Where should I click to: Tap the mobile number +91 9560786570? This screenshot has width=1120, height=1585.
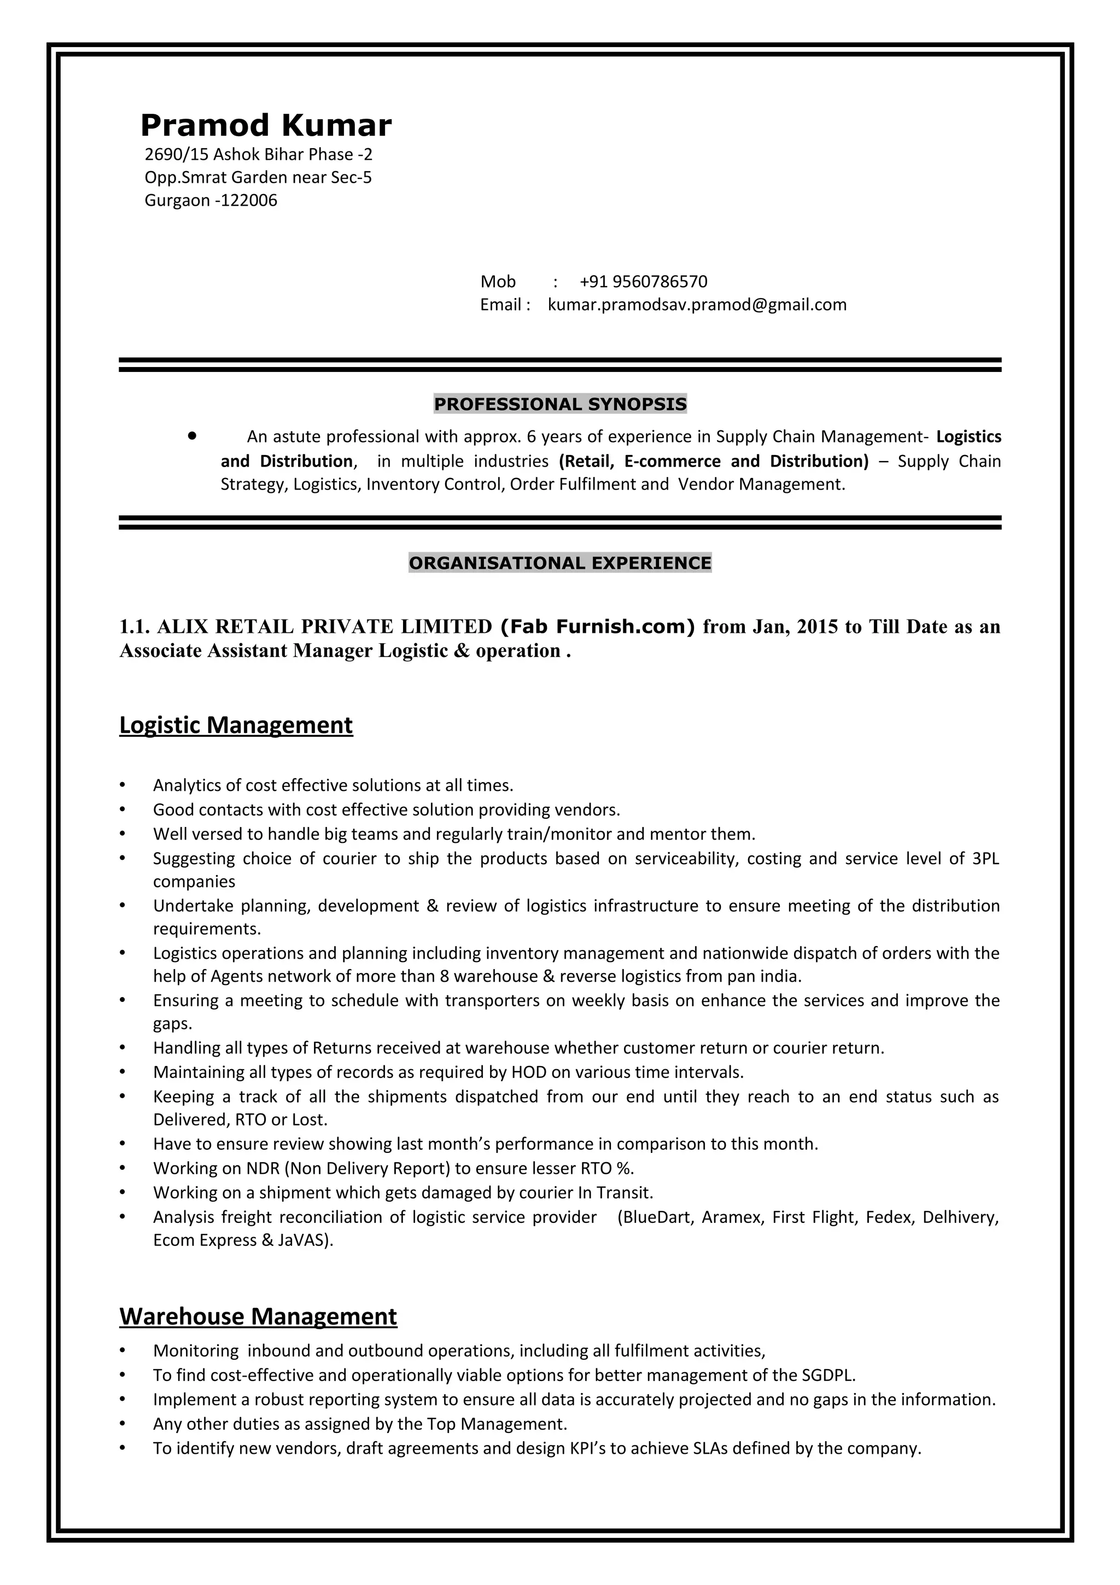pos(643,282)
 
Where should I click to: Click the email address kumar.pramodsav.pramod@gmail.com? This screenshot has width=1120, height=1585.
pos(697,305)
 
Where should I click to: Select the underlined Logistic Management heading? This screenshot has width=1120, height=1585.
pos(236,725)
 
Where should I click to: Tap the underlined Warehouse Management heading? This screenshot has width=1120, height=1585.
pos(258,1316)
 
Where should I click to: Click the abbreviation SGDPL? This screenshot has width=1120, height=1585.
pos(827,1374)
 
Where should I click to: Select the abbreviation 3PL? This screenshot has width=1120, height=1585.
pos(985,858)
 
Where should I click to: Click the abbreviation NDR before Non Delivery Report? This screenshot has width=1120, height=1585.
pos(262,1168)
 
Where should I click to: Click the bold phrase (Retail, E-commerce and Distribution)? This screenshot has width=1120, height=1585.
pos(714,461)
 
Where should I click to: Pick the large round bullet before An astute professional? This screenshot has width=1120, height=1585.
pos(192,436)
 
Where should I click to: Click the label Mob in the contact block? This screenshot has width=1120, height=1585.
pos(498,282)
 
